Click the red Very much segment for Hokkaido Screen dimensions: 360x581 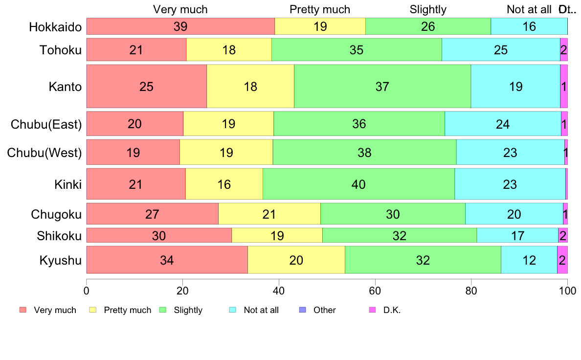tap(180, 26)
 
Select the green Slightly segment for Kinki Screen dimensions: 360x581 tap(358, 184)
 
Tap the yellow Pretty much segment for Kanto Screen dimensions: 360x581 tap(250, 87)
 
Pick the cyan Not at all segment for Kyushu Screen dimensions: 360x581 tap(529, 260)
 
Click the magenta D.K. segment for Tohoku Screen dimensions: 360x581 tap(564, 50)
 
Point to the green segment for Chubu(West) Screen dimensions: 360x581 tap(364, 153)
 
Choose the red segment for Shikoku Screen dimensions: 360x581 tap(159, 236)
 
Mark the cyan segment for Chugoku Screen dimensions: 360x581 tap(514, 214)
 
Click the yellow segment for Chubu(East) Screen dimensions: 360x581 tap(228, 124)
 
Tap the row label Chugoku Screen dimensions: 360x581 tap(56, 214)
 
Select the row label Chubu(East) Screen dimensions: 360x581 tap(46, 124)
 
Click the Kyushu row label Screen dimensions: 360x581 tap(61, 260)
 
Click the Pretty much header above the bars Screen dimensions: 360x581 tap(320, 10)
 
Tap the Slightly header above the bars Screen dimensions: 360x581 tap(428, 10)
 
